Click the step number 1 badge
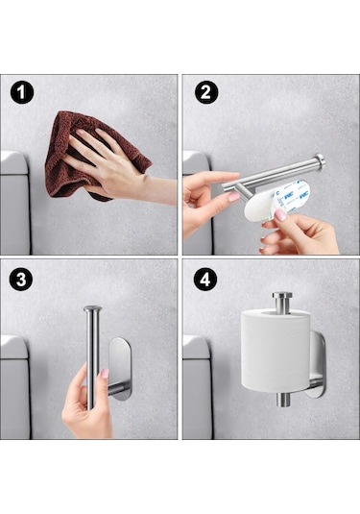(x=22, y=92)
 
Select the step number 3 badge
(x=22, y=280)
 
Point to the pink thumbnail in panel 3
(x=103, y=373)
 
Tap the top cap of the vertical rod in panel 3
(x=91, y=308)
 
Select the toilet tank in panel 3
(x=13, y=384)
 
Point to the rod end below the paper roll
(x=285, y=398)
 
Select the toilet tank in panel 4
(x=197, y=384)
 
